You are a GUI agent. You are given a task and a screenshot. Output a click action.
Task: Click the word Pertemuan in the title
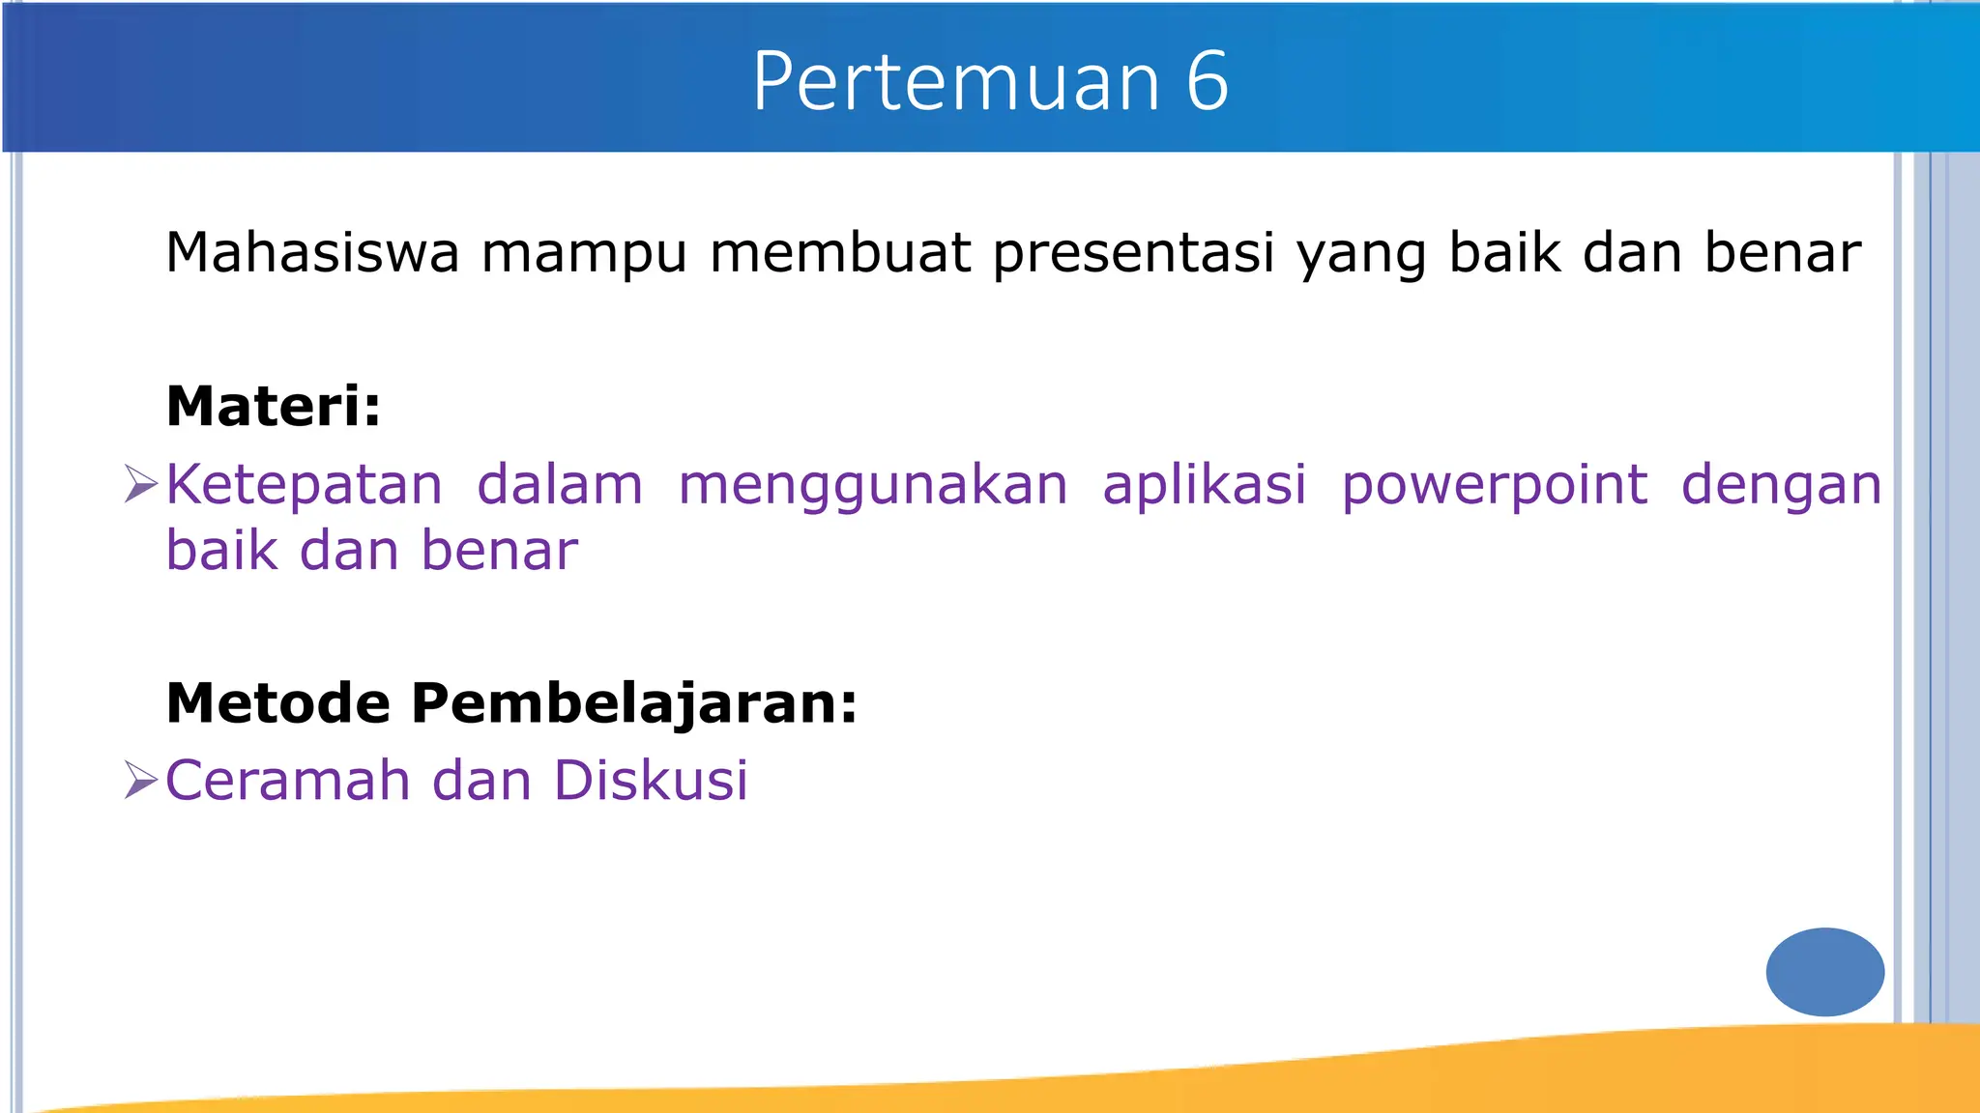[x=955, y=82]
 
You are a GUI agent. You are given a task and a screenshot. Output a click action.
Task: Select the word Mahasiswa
[x=312, y=253]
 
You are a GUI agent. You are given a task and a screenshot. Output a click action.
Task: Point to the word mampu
[x=584, y=255]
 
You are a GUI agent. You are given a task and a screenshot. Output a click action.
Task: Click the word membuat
[x=840, y=253]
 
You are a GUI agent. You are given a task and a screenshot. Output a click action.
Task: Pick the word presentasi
[x=1133, y=255]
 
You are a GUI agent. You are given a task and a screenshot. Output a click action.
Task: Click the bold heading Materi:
[x=274, y=406]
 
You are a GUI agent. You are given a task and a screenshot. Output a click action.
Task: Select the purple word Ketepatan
[x=304, y=485]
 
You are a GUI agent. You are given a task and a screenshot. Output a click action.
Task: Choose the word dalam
[x=560, y=485]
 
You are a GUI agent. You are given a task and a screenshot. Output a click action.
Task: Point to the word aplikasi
[x=1205, y=485]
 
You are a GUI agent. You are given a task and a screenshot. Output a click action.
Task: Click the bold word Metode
[x=277, y=702]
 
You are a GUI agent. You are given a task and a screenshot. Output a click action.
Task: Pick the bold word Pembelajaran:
[x=634, y=704]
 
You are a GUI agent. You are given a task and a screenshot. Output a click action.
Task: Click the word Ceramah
[x=287, y=781]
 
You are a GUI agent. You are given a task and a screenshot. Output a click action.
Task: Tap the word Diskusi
[x=651, y=781]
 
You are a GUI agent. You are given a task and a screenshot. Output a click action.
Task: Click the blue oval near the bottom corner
[x=1824, y=972]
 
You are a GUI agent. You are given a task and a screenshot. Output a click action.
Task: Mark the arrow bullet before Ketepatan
[x=141, y=484]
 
